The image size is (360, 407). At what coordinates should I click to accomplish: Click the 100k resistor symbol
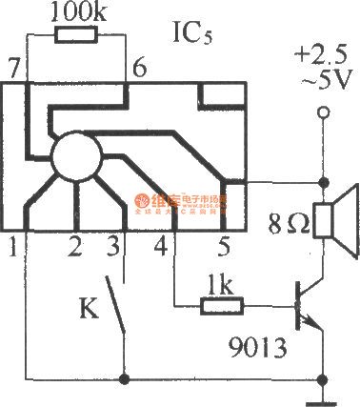click(77, 36)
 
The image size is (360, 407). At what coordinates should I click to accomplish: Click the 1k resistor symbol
click(222, 307)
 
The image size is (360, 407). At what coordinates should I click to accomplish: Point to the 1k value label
click(221, 284)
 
